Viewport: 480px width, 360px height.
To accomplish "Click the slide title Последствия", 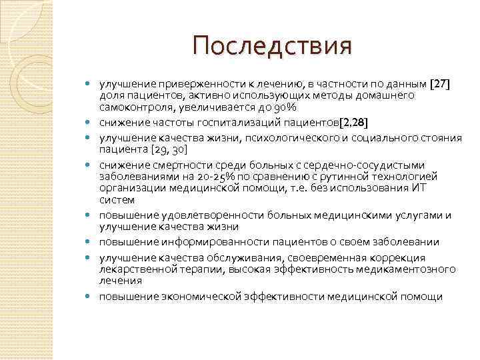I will coord(271,47).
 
